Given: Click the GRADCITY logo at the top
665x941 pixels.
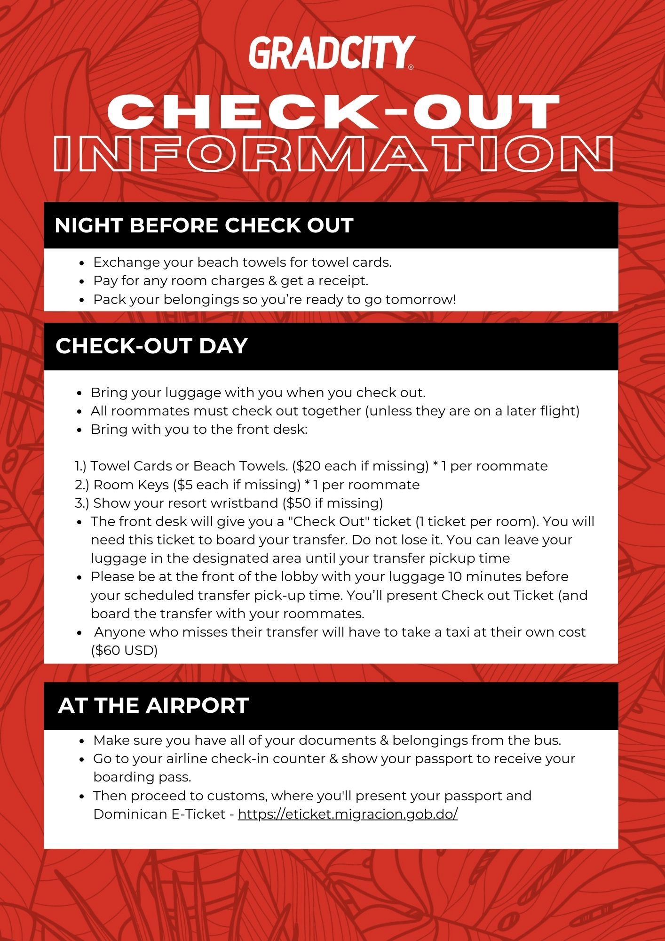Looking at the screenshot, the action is coord(332,53).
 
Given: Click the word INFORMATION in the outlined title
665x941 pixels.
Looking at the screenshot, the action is coord(333,154).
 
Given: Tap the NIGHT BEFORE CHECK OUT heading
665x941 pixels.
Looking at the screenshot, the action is coord(204,225).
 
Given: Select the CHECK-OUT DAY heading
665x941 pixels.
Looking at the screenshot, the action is coord(151,346).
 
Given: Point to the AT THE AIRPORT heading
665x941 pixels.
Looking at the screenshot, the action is coord(153,705).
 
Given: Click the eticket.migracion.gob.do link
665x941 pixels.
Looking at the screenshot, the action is coord(348,813).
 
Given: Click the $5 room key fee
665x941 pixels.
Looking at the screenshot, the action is coord(184,485).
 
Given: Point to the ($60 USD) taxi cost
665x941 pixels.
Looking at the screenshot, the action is coord(124,650).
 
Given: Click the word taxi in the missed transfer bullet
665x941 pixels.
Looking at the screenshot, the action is coord(455,632).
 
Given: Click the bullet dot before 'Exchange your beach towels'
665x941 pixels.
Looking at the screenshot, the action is coord(82,263).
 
